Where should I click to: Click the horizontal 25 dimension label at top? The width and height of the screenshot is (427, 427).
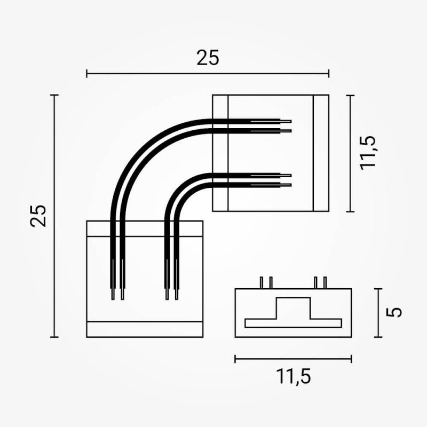click(x=208, y=58)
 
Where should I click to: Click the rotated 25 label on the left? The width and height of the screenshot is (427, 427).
click(x=39, y=215)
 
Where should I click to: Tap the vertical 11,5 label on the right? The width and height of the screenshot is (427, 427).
click(x=368, y=153)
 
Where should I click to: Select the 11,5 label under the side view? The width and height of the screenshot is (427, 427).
click(x=293, y=376)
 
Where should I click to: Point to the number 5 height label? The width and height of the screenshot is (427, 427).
click(x=394, y=312)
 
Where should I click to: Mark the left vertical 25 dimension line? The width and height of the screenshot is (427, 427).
click(x=54, y=216)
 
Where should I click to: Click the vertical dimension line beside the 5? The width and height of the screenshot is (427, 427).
click(x=379, y=313)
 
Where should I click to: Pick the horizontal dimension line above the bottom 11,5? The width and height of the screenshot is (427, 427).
click(x=293, y=359)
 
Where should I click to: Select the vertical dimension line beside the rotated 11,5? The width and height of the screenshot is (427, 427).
click(x=350, y=153)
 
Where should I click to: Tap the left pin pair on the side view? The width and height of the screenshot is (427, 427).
click(x=266, y=282)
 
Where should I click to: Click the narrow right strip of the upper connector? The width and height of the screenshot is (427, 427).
click(x=321, y=153)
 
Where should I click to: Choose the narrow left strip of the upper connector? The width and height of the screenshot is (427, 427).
click(x=220, y=153)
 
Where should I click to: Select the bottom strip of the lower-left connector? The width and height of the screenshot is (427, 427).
click(x=145, y=329)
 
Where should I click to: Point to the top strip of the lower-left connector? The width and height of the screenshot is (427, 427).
click(x=145, y=228)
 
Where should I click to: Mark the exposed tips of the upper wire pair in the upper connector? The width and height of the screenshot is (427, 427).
click(x=286, y=125)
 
